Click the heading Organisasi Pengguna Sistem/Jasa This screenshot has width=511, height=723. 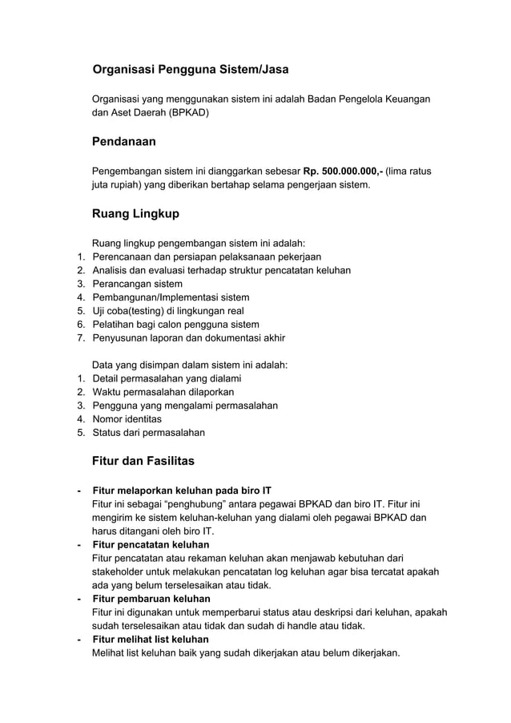191,70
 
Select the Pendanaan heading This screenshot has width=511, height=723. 124,142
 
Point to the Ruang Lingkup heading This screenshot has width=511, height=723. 136,214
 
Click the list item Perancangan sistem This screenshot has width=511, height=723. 138,284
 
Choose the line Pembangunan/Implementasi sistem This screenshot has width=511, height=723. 171,297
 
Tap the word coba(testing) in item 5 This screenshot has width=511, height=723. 137,311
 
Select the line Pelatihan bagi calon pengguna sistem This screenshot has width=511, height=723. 176,325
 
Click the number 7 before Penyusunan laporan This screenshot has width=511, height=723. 80,338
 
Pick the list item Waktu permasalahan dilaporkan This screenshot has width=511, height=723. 163,392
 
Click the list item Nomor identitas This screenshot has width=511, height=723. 127,419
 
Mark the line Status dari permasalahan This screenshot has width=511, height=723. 149,433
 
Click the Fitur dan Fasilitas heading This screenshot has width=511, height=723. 143,462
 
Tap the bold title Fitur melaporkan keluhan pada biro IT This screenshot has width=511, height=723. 182,491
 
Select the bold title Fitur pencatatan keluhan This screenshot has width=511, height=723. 151,544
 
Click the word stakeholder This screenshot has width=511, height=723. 121,572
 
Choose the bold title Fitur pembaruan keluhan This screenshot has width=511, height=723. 151,599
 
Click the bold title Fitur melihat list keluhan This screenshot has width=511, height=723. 151,639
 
